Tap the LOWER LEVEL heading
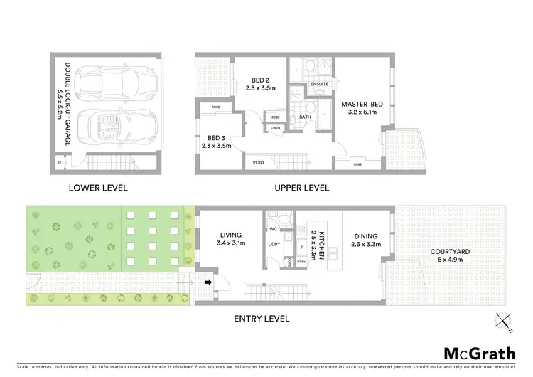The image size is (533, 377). pos(97,188)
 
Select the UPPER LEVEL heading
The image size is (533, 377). pos(302,188)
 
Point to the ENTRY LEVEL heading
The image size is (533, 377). pos(262,319)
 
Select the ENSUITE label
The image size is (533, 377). pos(319,85)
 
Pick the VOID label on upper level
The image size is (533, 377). pos(259,163)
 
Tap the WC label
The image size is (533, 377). pos(273,229)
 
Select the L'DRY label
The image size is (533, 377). pos(274,245)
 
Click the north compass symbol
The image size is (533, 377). pos(504,322)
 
